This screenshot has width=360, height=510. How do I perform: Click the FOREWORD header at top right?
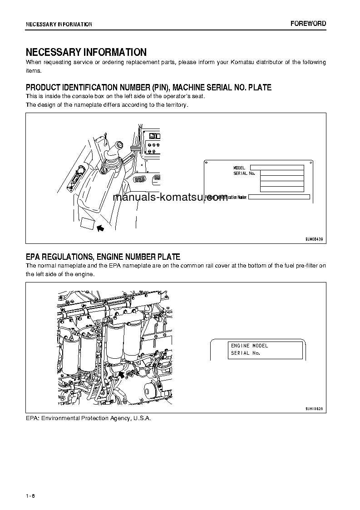tap(308, 24)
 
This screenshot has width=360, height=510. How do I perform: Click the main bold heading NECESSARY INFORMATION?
tap(86, 52)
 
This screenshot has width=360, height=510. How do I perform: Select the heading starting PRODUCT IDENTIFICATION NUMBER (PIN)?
tap(148, 87)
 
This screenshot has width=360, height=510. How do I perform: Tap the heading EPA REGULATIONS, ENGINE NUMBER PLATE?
tap(103, 257)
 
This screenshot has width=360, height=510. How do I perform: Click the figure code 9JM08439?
tap(314, 238)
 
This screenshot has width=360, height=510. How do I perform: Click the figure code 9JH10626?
tap(314, 409)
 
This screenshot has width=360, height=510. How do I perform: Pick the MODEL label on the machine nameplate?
tap(239, 168)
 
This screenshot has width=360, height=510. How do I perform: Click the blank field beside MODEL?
tap(277, 168)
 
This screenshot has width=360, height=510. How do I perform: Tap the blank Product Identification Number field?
tap(279, 197)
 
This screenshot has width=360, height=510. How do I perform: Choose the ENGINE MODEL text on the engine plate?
tap(249, 346)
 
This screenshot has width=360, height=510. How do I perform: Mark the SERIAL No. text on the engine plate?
tap(245, 353)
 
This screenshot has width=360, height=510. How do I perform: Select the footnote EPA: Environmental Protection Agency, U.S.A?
tap(88, 418)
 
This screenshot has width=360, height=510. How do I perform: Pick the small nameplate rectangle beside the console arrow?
tap(87, 223)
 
